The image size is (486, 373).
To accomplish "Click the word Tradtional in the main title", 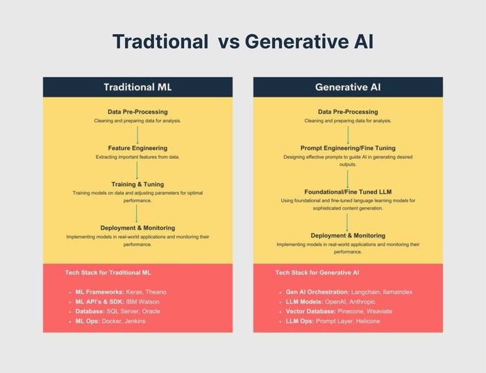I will coord(160,41).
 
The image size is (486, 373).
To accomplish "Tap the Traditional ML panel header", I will coord(137,88).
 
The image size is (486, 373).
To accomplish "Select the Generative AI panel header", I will coord(348,88).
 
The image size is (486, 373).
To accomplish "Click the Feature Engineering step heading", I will coord(137,148).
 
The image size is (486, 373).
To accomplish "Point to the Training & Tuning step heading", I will coord(137,184).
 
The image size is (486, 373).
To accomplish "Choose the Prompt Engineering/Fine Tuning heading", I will coord(348,148).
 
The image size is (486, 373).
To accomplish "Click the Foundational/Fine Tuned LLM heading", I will coord(348,192).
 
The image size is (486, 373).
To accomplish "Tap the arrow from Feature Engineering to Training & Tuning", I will coord(137,169).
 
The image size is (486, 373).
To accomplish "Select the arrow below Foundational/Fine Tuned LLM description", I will coord(348,222).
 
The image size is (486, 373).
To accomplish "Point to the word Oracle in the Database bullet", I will coord(151,312).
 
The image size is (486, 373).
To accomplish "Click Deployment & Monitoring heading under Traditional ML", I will coord(137,228).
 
